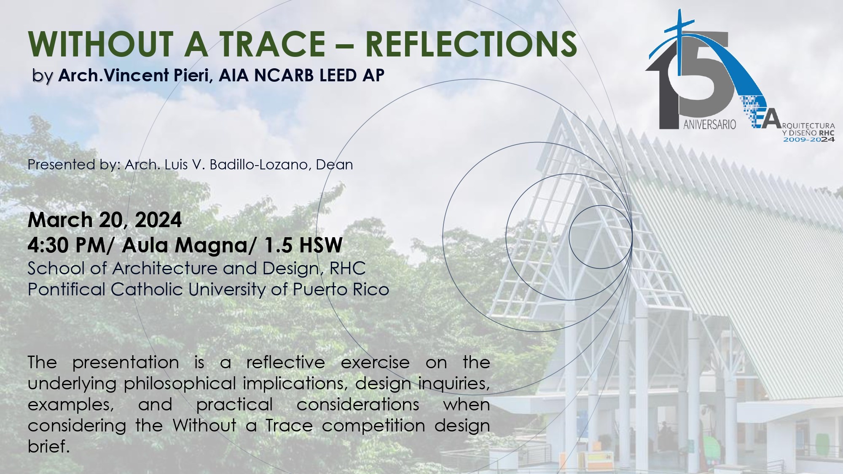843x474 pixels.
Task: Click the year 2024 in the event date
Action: (158, 220)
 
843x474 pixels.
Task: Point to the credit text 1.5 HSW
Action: (303, 245)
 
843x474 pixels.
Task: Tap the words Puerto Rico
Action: (341, 289)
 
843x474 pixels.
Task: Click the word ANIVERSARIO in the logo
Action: (710, 124)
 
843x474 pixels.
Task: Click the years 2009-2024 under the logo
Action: (809, 139)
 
